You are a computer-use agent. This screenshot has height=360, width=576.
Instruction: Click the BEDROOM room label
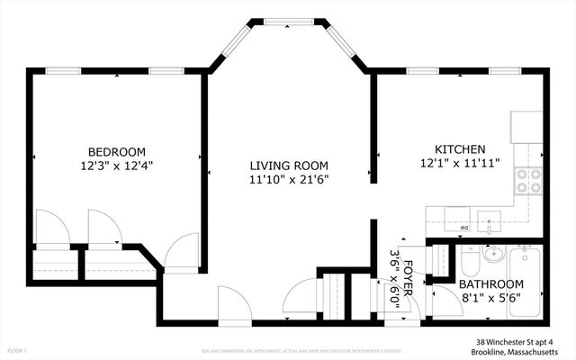116,151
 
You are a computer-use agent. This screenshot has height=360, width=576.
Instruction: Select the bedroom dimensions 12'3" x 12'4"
116,166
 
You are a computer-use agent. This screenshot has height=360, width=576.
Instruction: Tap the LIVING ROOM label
288,166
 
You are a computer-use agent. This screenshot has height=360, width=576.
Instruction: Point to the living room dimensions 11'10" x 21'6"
288,180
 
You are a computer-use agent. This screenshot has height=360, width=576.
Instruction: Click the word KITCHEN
460,149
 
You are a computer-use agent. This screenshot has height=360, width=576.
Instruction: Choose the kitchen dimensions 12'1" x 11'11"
460,164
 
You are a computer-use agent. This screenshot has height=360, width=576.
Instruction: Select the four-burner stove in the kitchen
527,181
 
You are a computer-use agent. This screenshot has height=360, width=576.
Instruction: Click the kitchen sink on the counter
490,217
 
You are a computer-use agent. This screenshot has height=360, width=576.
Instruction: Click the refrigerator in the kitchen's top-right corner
526,125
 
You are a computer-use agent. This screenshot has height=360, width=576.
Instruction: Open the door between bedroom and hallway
183,252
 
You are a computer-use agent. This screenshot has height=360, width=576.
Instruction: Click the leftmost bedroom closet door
49,227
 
